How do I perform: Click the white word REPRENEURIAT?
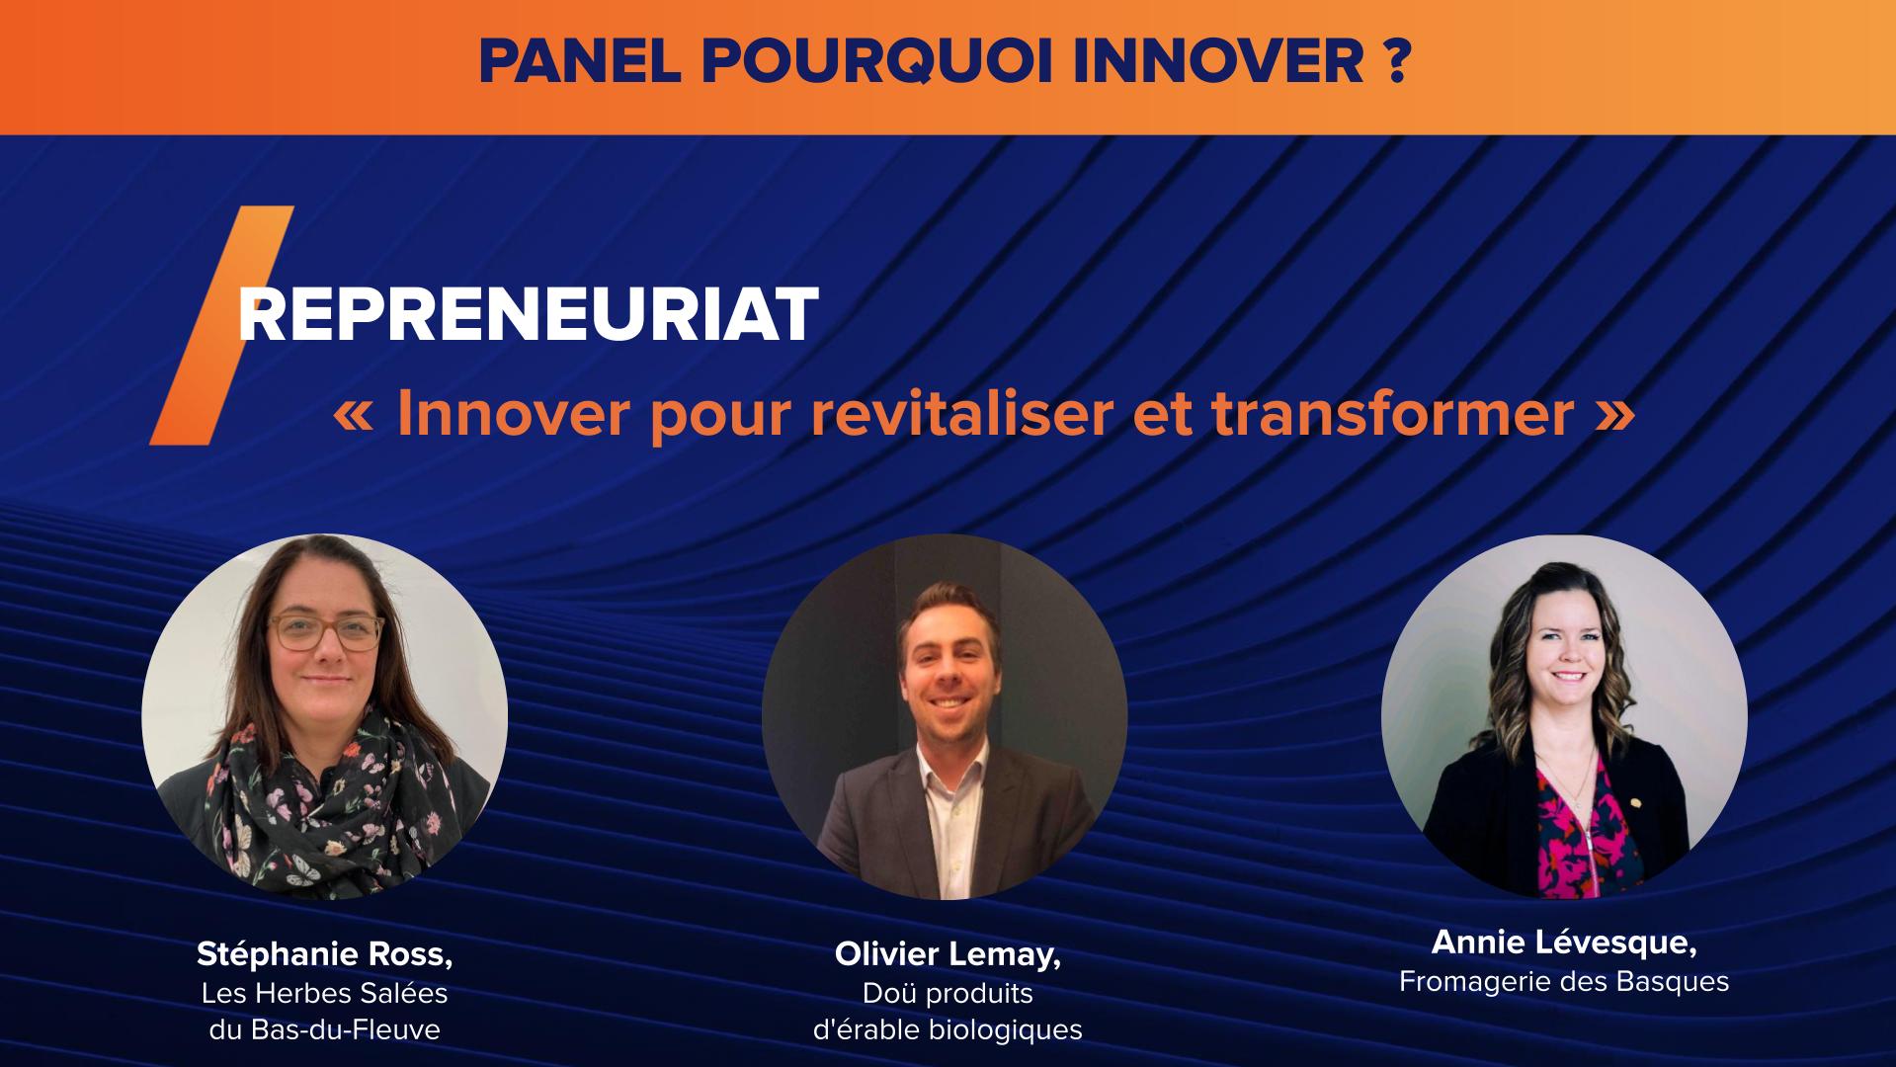[529, 316]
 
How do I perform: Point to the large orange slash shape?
[222, 326]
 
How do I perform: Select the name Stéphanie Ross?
[324, 954]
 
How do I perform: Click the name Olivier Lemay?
[947, 954]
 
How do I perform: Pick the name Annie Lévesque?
[1564, 943]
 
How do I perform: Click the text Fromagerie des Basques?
[1564, 981]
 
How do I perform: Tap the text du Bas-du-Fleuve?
[324, 1029]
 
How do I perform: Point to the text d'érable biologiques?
[947, 1029]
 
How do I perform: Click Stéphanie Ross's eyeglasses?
[326, 632]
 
